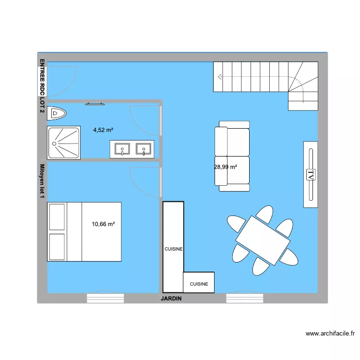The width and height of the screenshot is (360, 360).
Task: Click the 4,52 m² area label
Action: pos(103,130)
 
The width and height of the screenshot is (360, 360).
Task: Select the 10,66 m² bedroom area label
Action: pos(103,224)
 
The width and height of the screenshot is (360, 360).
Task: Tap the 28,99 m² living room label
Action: pos(226,167)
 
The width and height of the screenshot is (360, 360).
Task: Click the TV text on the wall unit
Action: pos(311,174)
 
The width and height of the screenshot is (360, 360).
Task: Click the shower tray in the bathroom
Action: pos(64,143)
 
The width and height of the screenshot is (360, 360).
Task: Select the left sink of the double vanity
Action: pos(122,149)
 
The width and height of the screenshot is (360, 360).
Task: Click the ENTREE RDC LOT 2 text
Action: pos(42,86)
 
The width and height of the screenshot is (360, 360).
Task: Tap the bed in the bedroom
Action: pos(84,231)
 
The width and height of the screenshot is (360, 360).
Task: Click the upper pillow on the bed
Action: pos(57,216)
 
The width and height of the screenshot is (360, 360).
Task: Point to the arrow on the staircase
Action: pos(220,77)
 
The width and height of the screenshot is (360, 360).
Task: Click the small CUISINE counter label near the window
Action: pos(199,284)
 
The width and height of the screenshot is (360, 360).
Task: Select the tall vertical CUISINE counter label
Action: pos(174,249)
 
